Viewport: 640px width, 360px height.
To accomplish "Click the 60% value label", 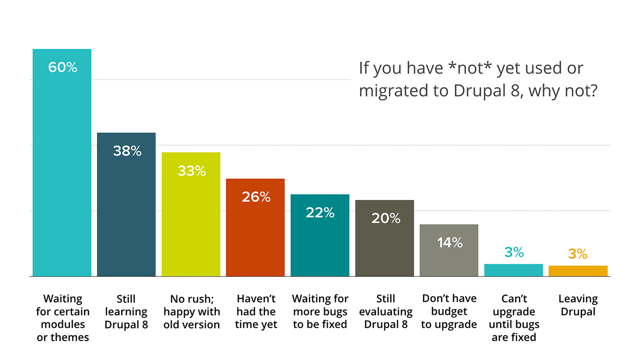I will tap(63, 68).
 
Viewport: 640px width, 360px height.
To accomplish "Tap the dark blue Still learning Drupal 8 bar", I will tap(126, 214).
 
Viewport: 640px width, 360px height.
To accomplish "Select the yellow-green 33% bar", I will tap(191, 224).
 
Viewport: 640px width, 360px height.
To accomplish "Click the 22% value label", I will tap(320, 212).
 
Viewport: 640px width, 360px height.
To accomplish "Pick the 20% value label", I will tap(385, 218).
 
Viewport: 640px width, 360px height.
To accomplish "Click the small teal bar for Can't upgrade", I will tap(513, 270).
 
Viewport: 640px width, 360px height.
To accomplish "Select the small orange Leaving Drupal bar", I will tap(578, 271).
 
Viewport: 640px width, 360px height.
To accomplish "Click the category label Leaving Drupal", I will tap(578, 305).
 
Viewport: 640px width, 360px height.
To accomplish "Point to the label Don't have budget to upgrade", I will tap(449, 311).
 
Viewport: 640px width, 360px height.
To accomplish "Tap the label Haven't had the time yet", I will tap(256, 312).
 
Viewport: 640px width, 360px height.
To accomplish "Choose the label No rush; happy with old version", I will tap(191, 312).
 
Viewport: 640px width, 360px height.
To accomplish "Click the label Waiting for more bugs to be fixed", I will tap(320, 312).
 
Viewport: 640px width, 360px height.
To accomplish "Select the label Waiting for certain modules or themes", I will tap(63, 318).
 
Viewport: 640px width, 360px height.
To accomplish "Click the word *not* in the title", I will tap(470, 68).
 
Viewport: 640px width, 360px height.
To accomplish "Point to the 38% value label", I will tap(127, 151).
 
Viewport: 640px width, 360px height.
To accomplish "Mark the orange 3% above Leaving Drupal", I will tap(578, 254).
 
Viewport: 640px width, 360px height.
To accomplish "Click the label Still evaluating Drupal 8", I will tap(385, 312).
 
